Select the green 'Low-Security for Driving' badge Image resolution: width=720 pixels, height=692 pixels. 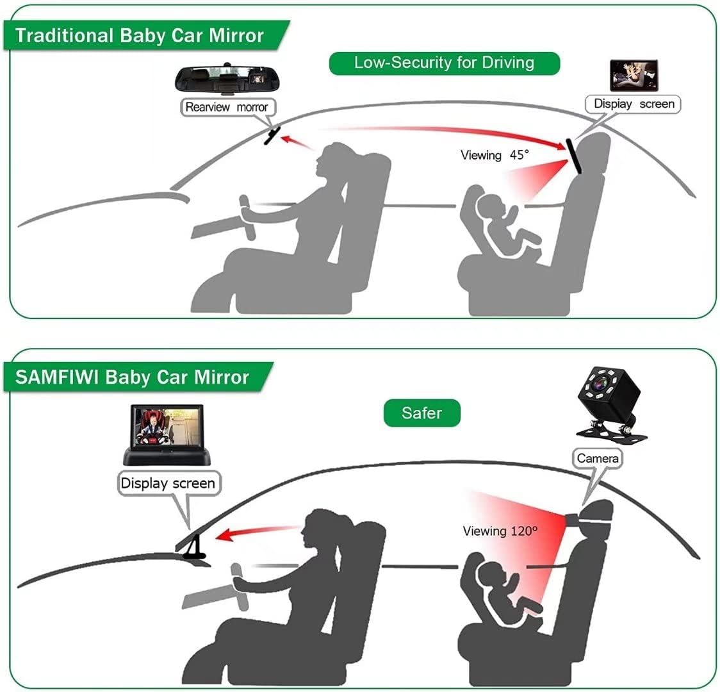pyautogui.click(x=444, y=62)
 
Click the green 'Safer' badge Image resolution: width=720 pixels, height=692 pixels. pyautogui.click(x=421, y=413)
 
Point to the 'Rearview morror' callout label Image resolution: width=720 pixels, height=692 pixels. pyautogui.click(x=226, y=107)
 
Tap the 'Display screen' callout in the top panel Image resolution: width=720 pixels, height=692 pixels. pyautogui.click(x=634, y=104)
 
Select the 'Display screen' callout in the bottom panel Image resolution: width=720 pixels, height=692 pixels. pyautogui.click(x=167, y=482)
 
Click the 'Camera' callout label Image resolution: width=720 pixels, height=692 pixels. pyautogui.click(x=597, y=458)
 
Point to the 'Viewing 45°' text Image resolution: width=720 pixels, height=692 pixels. pyautogui.click(x=495, y=155)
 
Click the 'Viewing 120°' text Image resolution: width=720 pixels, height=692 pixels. pyautogui.click(x=500, y=531)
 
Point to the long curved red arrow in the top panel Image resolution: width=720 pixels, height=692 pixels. pyautogui.click(x=448, y=133)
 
